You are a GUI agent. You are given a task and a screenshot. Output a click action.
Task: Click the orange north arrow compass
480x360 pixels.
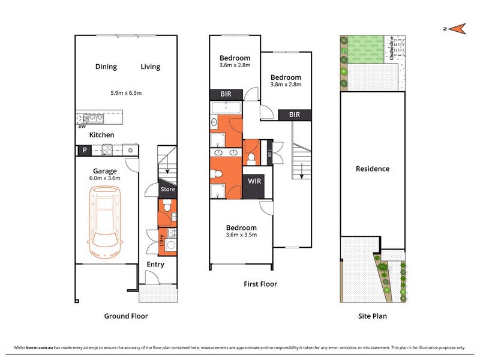coord(457,29)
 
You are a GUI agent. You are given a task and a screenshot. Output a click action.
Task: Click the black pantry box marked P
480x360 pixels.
coord(85,151)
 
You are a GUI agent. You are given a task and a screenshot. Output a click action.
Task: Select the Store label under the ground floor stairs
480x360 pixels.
coord(168,189)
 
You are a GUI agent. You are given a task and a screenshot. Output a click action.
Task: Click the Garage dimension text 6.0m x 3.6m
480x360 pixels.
coord(104,178)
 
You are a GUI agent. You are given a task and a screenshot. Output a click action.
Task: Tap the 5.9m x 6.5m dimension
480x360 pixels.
coord(126,93)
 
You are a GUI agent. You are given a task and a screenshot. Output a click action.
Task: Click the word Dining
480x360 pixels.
coord(106,67)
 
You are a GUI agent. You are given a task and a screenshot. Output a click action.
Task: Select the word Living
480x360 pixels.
coord(151,67)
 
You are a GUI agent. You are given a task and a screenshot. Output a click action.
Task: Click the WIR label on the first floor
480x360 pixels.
coord(254,181)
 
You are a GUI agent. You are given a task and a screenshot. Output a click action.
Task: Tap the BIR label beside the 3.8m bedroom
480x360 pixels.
coord(295,115)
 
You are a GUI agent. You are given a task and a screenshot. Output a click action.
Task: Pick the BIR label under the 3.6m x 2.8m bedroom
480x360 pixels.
coord(226,94)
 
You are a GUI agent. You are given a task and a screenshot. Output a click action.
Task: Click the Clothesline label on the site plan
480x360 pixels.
coord(392,48)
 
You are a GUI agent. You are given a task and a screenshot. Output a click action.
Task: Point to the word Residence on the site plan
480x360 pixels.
coord(373,169)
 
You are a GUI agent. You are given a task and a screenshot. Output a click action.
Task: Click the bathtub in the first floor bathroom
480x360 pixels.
coord(226,107)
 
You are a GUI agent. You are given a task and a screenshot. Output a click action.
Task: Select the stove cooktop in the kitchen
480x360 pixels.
coord(107,151)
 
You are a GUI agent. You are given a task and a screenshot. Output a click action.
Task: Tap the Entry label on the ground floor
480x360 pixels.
coord(155,264)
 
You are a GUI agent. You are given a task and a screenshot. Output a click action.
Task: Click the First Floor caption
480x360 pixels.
coord(260,284)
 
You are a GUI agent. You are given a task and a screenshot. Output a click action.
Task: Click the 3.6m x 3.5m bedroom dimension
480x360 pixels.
coord(241,235)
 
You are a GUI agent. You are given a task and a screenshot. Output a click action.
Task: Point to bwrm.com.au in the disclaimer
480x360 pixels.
coord(40,347)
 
